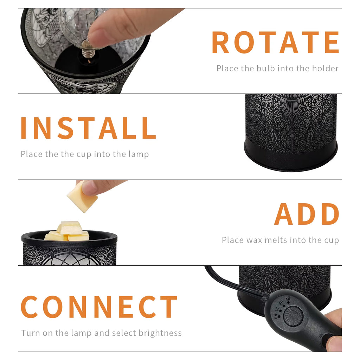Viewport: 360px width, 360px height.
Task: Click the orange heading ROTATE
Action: tap(275, 42)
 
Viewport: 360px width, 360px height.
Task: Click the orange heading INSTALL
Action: tap(88, 128)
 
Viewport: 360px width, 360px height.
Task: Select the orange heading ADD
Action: tap(307, 214)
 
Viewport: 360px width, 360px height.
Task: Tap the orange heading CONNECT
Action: tap(99, 307)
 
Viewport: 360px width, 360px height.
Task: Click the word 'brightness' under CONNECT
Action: tap(160, 333)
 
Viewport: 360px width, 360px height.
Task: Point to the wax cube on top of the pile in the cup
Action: tap(70, 228)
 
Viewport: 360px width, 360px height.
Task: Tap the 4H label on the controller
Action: tap(288, 300)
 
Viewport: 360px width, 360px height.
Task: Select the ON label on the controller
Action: tap(276, 317)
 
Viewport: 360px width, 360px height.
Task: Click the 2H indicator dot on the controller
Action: tap(284, 306)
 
